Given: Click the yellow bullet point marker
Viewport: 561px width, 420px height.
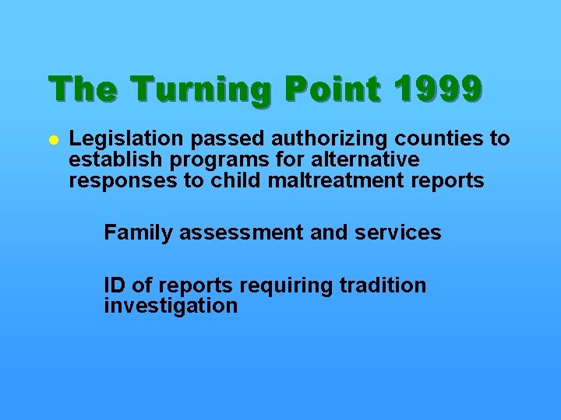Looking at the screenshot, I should tap(53, 140).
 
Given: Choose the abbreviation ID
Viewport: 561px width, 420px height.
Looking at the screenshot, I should tap(115, 285).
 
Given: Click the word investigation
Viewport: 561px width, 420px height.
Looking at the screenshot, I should tap(170, 306).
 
